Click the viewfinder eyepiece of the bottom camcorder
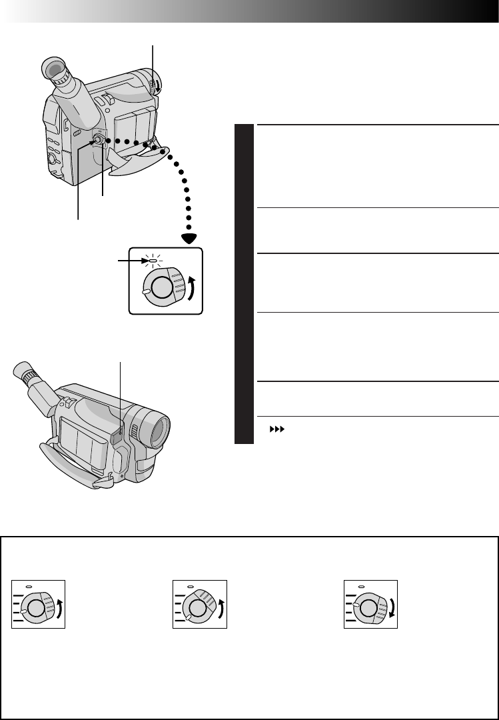[x=21, y=375]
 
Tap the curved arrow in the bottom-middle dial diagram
[x=222, y=607]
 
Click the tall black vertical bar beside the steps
[x=245, y=283]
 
